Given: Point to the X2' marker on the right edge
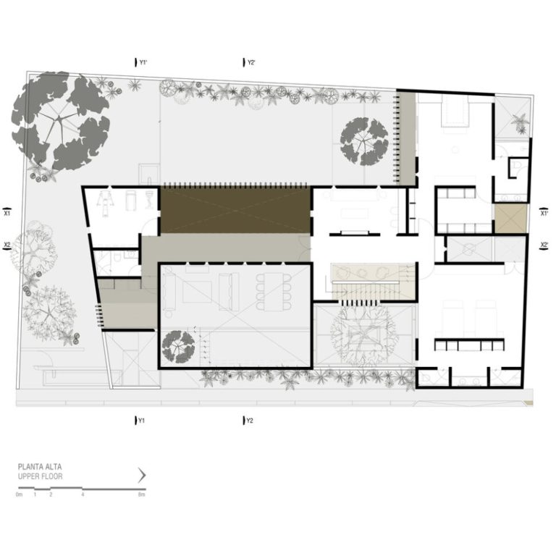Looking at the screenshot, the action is [x=544, y=245].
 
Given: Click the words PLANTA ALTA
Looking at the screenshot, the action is [x=40, y=467].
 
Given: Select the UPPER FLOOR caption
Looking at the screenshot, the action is [x=40, y=476].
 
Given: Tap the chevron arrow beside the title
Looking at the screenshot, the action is [x=142, y=475].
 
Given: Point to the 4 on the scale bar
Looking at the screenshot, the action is [x=83, y=494].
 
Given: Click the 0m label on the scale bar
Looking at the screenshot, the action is [x=19, y=494].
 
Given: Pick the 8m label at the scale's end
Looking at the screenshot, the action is [x=142, y=494].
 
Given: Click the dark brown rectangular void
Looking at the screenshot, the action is [x=235, y=210].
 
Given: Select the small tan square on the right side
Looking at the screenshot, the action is [x=510, y=219].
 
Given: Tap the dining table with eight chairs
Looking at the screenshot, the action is [x=274, y=292].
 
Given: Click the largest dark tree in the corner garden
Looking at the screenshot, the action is [x=61, y=121].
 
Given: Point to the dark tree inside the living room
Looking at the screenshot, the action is [x=178, y=347].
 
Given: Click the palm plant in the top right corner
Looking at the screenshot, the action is [x=521, y=122].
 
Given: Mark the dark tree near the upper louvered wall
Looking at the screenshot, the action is [x=364, y=141].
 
